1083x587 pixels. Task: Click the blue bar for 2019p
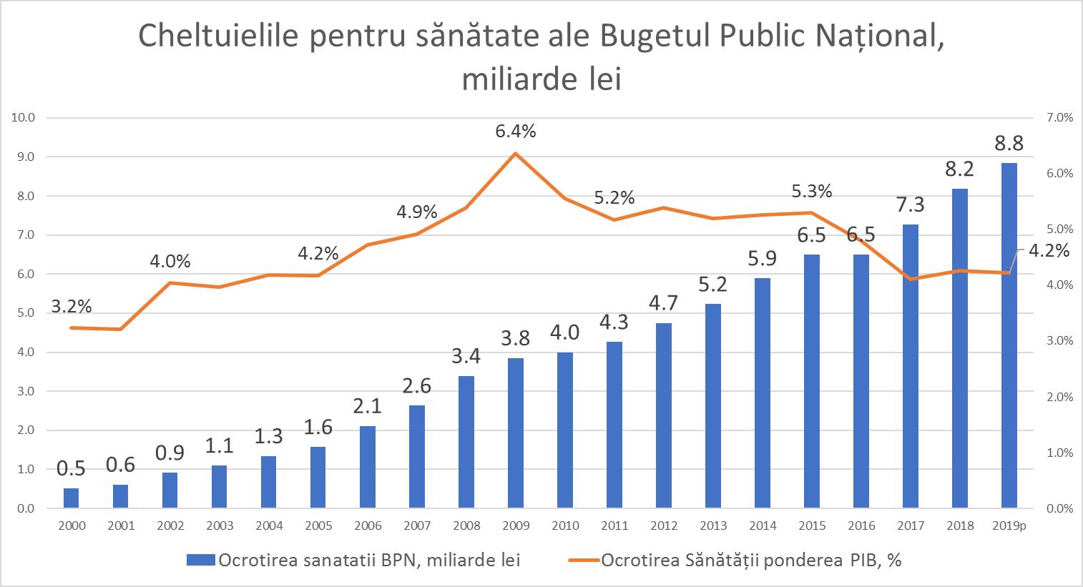tap(1009, 335)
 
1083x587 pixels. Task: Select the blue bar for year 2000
tap(71, 498)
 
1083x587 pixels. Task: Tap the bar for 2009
tap(516, 433)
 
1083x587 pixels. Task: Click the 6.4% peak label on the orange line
tap(516, 132)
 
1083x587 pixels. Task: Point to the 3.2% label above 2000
tap(72, 307)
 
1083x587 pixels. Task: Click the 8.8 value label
tap(1009, 143)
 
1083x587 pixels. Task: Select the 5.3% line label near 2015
tap(812, 192)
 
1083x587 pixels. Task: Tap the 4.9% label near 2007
tap(417, 212)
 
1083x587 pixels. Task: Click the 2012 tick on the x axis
tap(664, 526)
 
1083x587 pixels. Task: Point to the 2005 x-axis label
tap(318, 526)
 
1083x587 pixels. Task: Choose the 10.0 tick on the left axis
tap(24, 118)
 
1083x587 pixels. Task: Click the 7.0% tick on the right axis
tap(1059, 118)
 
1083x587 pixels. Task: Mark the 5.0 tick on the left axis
tap(24, 313)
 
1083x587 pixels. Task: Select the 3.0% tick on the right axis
tap(1059, 341)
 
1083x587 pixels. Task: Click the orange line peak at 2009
tap(516, 153)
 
